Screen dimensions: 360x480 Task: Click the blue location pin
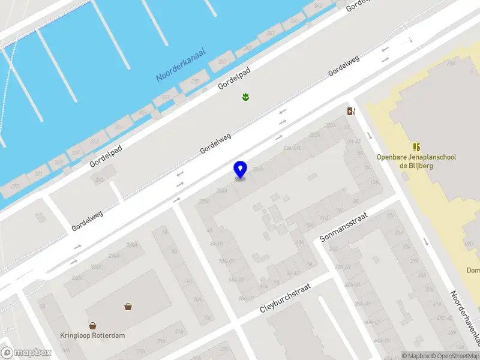pos(240,169)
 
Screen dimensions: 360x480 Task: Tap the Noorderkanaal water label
pos(181,65)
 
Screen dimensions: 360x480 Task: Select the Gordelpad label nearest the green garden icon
pos(234,78)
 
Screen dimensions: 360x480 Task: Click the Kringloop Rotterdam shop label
pos(92,335)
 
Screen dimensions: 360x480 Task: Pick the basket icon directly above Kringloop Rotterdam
pos(92,326)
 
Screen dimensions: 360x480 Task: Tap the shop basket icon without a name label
pos(128,307)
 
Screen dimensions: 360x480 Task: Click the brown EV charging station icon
pos(351,110)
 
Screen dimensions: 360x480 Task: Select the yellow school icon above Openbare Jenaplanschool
pos(416,146)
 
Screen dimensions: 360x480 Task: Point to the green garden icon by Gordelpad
pos(245,97)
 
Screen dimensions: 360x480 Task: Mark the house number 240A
pos(77,278)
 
